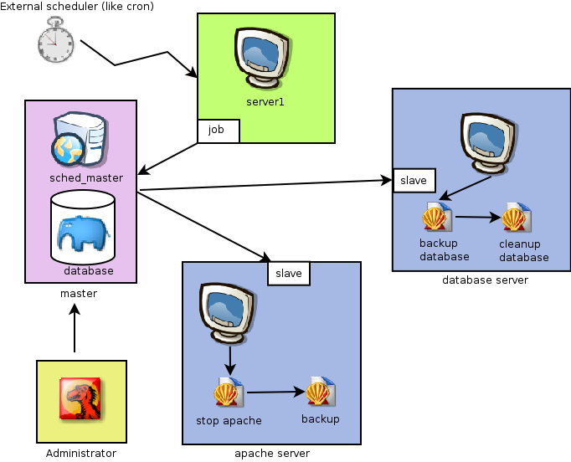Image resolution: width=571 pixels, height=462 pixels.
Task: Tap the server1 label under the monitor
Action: pyautogui.click(x=265, y=102)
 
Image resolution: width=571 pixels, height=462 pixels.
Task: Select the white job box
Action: pyautogui.click(x=218, y=131)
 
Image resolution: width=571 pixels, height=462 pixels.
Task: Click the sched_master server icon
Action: pyautogui.click(x=80, y=141)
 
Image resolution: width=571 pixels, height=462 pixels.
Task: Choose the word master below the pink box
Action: pyautogui.click(x=79, y=294)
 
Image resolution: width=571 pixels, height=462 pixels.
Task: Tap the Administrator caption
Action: pyautogui.click(x=80, y=454)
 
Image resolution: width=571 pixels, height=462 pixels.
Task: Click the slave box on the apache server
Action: pyautogui.click(x=289, y=274)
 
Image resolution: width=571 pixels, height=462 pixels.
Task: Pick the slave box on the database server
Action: pyautogui.click(x=414, y=180)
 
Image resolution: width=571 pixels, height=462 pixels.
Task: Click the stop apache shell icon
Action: pyautogui.click(x=228, y=392)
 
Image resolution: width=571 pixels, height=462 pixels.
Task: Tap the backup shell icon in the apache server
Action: pyautogui.click(x=320, y=392)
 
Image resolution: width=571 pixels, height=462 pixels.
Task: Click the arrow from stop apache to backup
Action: pyautogui.click(x=273, y=392)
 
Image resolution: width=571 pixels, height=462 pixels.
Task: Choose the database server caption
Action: pyautogui.click(x=485, y=280)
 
